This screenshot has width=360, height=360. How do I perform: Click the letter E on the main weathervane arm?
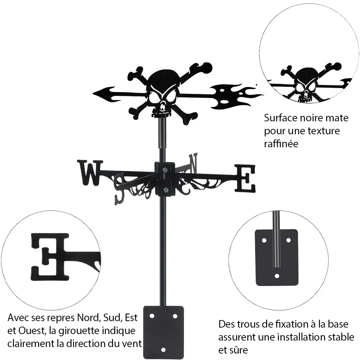pyautogui.click(x=245, y=179)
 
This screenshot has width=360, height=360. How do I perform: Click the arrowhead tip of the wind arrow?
pyautogui.click(x=93, y=94)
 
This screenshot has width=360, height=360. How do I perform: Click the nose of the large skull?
pyautogui.click(x=163, y=106)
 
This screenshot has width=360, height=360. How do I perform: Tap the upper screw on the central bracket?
pyautogui.click(x=165, y=170)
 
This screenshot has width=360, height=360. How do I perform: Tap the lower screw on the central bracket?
pyautogui.click(x=165, y=190)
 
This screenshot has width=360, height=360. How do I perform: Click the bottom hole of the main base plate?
pyautogui.click(x=163, y=350)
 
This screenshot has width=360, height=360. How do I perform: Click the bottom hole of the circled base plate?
pyautogui.click(x=277, y=276)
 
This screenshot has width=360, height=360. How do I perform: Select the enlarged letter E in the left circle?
pyautogui.click(x=50, y=257)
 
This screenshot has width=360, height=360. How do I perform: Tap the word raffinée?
pyautogui.click(x=281, y=144)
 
